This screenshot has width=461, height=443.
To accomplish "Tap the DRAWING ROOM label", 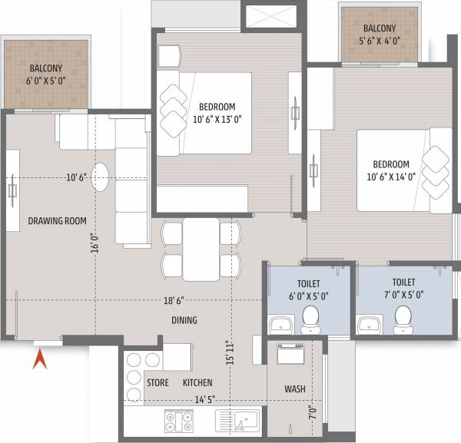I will point(58,221).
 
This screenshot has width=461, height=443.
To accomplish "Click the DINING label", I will point(184,320).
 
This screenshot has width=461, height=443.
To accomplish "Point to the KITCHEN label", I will point(197,382).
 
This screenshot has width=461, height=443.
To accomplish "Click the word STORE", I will point(158,382).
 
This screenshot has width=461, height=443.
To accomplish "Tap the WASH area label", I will point(295,388).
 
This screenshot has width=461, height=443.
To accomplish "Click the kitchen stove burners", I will point(180,421).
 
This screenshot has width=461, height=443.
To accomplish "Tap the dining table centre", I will point(201,250).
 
